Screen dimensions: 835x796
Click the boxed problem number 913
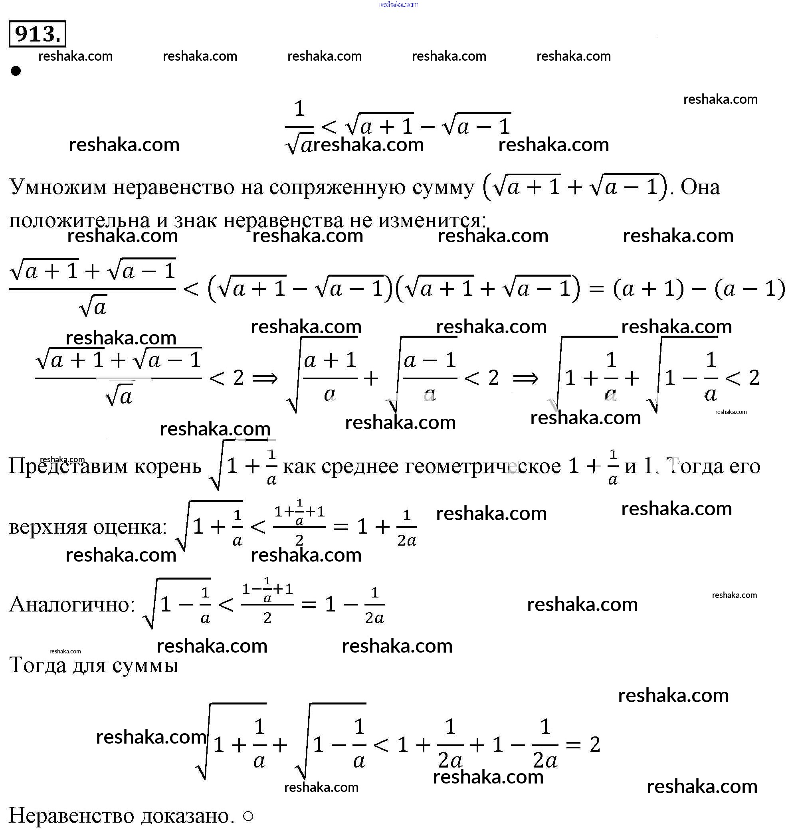pos(38,34)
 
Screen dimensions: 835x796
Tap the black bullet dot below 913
pos(16,71)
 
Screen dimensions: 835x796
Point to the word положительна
pos(79,220)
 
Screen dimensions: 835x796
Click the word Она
pos(701,187)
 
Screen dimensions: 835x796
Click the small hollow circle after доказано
pos(249,816)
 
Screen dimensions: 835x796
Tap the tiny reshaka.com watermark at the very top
pos(398,4)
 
